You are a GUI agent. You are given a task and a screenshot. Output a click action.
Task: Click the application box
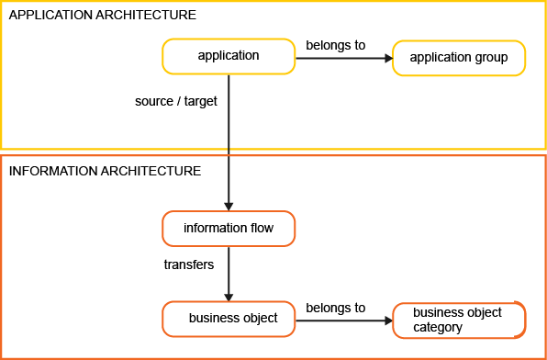pos(229,57)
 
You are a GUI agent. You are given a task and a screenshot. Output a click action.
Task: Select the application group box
pos(459,58)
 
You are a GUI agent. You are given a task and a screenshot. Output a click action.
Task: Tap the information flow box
pos(229,228)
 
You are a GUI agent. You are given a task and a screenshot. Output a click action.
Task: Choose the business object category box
pos(459,320)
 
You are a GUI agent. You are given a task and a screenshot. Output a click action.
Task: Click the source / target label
pos(176,101)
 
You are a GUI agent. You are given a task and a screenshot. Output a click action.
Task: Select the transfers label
pos(189,264)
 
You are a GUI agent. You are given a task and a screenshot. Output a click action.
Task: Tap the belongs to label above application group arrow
pos(336,43)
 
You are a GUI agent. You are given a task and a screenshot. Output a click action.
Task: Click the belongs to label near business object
pos(336,308)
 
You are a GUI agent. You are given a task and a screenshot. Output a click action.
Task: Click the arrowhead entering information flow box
pos(229,206)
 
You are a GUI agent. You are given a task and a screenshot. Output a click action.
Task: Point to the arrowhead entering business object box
pos(229,296)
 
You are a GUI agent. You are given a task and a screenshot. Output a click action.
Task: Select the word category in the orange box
pos(437,327)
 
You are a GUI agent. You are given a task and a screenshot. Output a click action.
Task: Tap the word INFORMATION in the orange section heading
pos(50,171)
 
